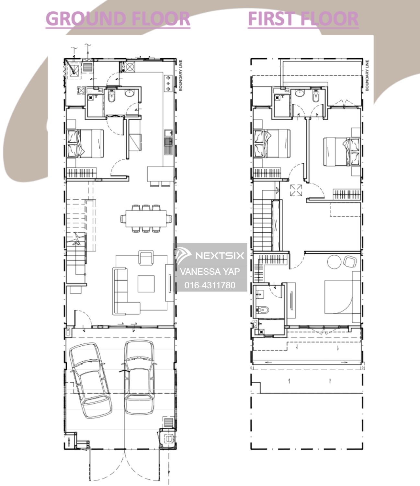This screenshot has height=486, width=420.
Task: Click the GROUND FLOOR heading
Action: click(118, 18)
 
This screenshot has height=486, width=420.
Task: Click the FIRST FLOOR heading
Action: click(303, 18)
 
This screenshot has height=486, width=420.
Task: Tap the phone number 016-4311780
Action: click(210, 285)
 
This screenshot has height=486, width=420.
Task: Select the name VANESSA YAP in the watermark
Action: click(210, 272)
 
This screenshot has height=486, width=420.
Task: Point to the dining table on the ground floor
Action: click(146, 218)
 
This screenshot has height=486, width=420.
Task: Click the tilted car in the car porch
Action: click(90, 380)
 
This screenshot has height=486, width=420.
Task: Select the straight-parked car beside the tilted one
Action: click(139, 377)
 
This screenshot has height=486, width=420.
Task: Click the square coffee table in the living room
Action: click(146, 284)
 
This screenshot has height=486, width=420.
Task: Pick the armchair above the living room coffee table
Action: click(146, 258)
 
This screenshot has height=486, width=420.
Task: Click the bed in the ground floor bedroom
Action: click(85, 144)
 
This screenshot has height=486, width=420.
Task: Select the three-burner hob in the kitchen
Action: click(168, 83)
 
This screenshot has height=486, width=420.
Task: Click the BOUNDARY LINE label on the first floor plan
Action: click(367, 75)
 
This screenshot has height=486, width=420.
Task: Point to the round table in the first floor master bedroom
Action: click(334, 262)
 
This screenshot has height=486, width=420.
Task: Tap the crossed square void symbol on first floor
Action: click(296, 190)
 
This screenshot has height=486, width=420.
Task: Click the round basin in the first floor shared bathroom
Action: click(300, 93)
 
